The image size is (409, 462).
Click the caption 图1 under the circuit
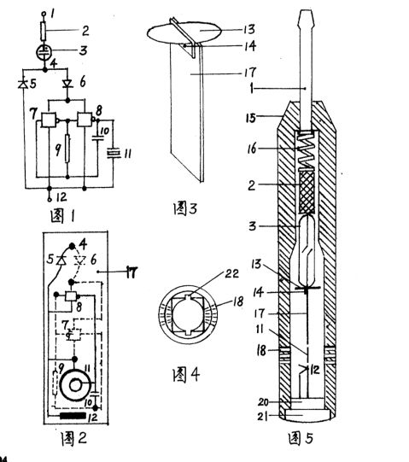click(62, 217)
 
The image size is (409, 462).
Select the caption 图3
click(184, 208)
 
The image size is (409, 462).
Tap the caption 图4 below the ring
click(186, 375)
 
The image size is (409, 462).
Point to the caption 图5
click(301, 438)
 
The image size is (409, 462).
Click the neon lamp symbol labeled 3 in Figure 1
click(44, 52)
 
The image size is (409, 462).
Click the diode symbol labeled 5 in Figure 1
click(23, 85)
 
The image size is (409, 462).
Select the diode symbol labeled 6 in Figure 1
click(67, 85)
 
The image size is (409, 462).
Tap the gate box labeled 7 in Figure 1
click(49, 120)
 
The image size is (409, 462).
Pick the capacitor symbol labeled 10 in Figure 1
click(97, 137)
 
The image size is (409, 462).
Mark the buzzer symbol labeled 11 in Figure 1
click(114, 154)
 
